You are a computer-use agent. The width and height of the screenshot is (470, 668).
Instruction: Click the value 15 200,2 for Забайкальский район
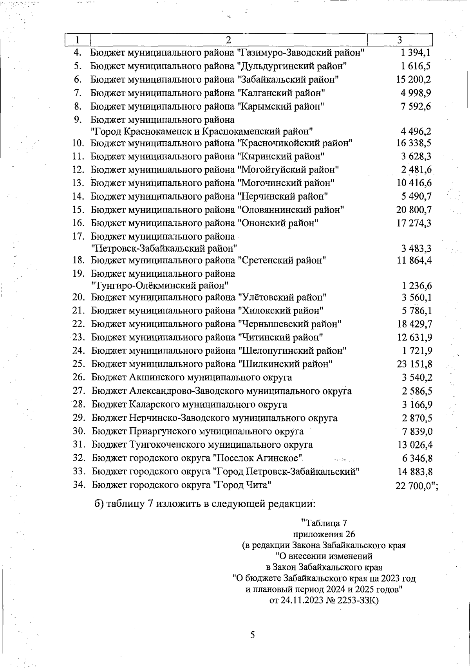point(414,80)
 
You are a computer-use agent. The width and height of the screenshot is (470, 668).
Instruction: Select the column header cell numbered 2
point(228,40)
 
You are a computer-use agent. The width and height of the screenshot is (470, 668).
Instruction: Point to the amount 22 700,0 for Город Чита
point(416,486)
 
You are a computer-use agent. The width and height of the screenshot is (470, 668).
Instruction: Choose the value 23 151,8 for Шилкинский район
point(414,364)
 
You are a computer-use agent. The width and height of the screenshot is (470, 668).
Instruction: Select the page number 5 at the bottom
point(252,635)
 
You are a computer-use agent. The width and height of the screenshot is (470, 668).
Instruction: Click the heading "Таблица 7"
point(324,523)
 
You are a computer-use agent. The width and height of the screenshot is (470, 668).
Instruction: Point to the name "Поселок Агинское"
point(258,458)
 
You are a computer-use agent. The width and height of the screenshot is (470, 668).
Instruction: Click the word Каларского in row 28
point(152,405)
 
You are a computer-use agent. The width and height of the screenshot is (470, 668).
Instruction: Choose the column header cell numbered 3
point(399,40)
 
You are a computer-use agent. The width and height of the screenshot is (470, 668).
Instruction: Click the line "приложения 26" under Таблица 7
point(324,534)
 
